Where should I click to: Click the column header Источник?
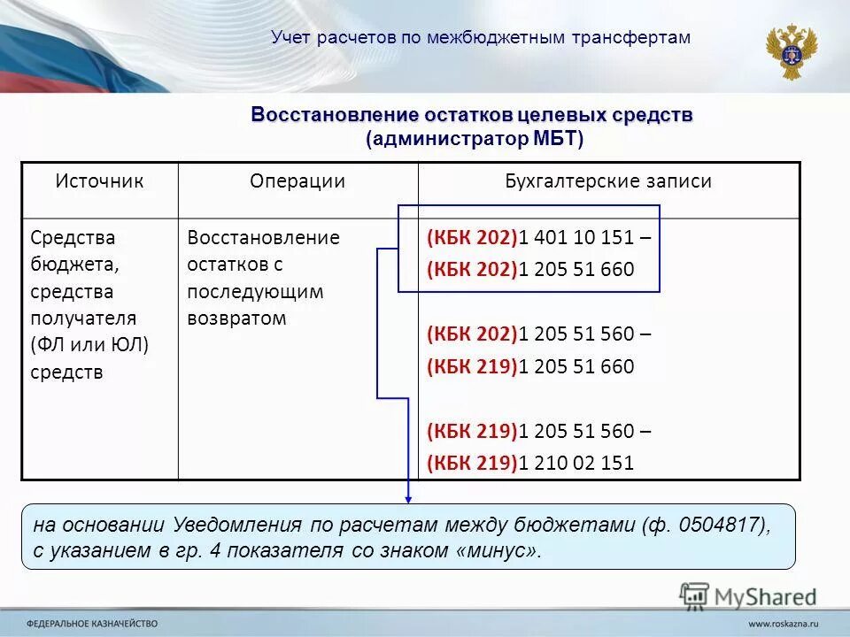(x=99, y=181)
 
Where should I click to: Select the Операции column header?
(x=297, y=181)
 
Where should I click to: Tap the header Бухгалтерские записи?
(x=608, y=181)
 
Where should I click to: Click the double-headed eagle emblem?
(x=791, y=50)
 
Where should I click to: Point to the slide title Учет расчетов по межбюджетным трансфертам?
(x=481, y=37)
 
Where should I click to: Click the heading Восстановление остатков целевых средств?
(x=472, y=116)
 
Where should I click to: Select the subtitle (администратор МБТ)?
(x=475, y=139)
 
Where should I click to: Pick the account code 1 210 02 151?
(x=576, y=463)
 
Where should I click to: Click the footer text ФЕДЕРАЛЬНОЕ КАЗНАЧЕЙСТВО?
(x=92, y=622)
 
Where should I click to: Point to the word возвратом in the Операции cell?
(x=237, y=318)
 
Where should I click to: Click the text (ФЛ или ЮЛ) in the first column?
(x=89, y=345)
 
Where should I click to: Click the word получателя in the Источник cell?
(x=83, y=318)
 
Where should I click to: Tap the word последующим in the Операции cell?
(x=256, y=292)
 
